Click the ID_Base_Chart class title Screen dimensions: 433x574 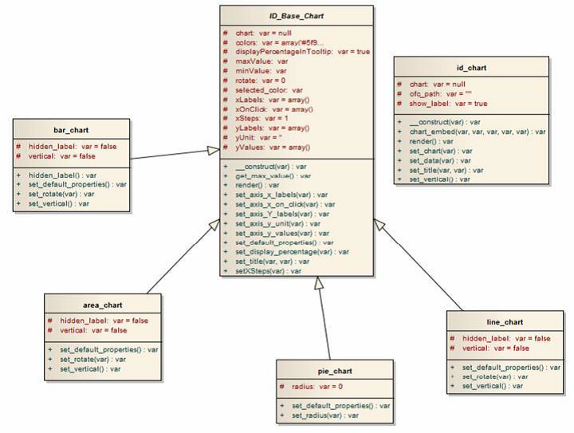(x=296, y=16)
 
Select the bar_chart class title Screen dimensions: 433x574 (x=71, y=130)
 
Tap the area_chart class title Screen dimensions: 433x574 (x=103, y=305)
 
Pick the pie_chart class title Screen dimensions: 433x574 (x=335, y=371)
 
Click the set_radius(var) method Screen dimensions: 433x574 (x=324, y=415)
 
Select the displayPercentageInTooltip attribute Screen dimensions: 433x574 (x=302, y=51)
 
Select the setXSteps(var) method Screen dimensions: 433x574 (x=268, y=271)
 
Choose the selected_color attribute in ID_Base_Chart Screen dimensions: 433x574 (x=269, y=90)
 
